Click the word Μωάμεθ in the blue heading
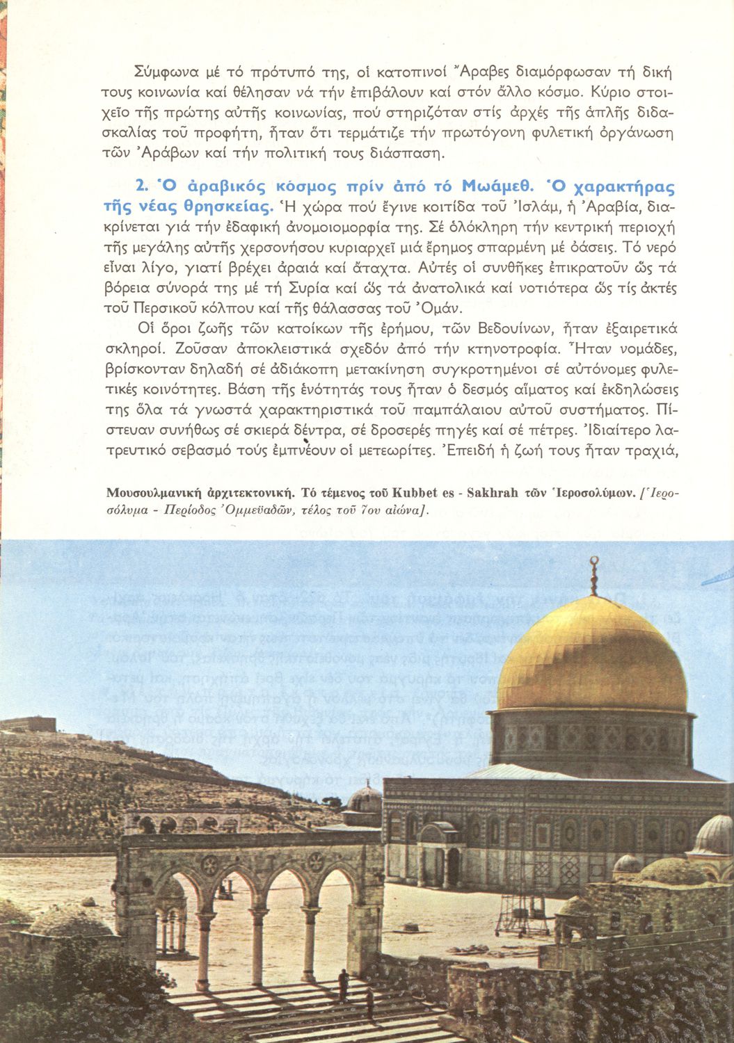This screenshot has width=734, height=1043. pos(497,187)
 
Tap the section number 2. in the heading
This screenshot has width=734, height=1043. pos(143,187)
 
